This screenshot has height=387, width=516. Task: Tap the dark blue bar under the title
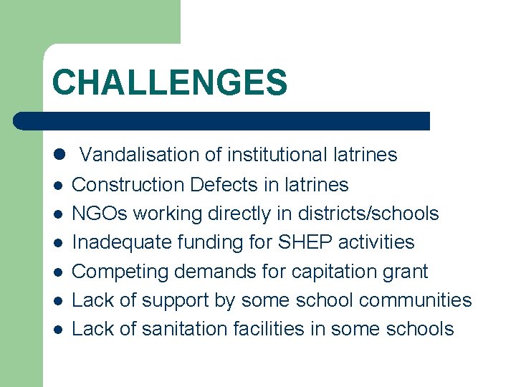pyautogui.click(x=222, y=120)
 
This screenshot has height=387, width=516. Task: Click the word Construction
pyautogui.click(x=128, y=185)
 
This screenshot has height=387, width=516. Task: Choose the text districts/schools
pyautogui.click(x=367, y=214)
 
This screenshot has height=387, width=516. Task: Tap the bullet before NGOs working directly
pyautogui.click(x=57, y=214)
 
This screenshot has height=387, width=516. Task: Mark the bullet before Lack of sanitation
pyautogui.click(x=57, y=330)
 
